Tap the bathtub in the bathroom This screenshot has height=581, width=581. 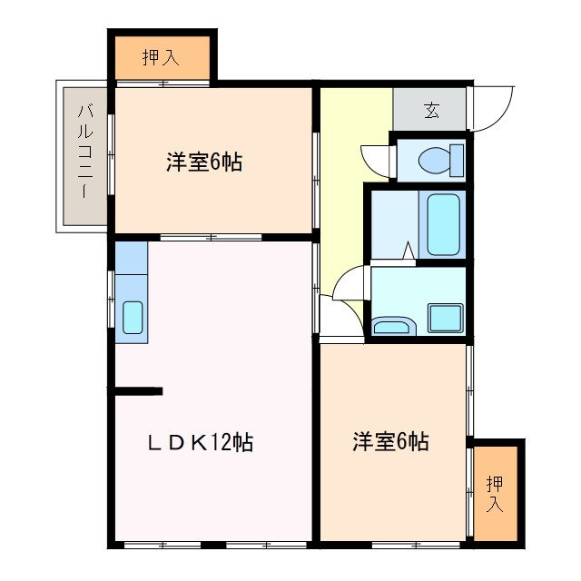(443, 224)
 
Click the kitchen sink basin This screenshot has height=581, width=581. (132, 318)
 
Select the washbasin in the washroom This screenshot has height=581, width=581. (391, 327)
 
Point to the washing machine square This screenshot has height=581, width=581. (446, 318)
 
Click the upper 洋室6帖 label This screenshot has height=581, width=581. (204, 163)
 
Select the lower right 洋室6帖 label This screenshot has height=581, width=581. (391, 442)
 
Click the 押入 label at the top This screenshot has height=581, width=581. (161, 58)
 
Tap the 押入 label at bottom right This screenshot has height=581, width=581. (494, 493)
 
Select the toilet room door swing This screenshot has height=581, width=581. (374, 160)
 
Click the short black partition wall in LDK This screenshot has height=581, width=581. (138, 391)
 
